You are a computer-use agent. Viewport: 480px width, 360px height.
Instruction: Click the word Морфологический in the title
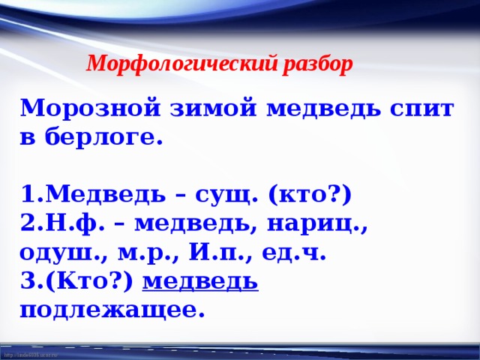coord(182,65)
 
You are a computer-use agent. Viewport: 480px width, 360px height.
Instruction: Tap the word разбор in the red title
coord(318,65)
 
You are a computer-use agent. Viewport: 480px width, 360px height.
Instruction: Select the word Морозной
coord(88,109)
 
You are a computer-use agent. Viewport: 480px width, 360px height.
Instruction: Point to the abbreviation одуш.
coord(58,253)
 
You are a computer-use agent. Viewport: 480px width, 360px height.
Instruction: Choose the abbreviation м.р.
coord(141,253)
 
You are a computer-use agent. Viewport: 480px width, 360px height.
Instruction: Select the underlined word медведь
coord(199,281)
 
